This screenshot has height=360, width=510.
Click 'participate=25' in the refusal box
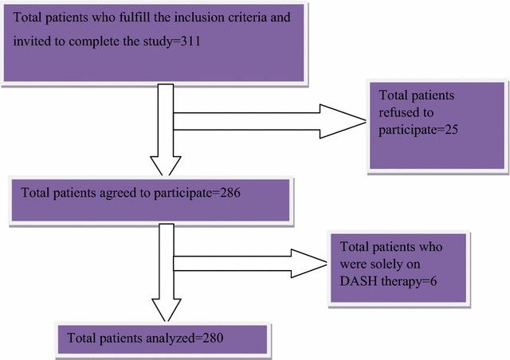coord(419,127)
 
